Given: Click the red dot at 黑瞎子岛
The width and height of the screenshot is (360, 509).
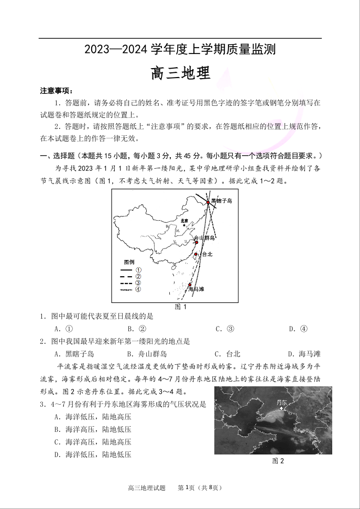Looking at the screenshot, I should pyautogui.click(x=208, y=202).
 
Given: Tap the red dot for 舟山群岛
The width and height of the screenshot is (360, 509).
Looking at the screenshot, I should pyautogui.click(x=197, y=242).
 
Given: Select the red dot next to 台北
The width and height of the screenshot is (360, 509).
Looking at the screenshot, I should pyautogui.click(x=196, y=254).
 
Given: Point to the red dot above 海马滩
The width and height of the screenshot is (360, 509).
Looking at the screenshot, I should pyautogui.click(x=190, y=285).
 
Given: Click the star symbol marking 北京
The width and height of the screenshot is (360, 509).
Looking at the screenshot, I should pyautogui.click(x=184, y=225).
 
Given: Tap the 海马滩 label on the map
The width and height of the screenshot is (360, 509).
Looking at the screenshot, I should pyautogui.click(x=196, y=289).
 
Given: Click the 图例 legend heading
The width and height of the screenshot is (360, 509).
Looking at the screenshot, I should pyautogui.click(x=129, y=262).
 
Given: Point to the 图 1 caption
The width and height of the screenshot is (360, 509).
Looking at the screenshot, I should pyautogui.click(x=180, y=307).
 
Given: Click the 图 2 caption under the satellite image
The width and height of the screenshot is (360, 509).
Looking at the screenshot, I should pyautogui.click(x=278, y=461).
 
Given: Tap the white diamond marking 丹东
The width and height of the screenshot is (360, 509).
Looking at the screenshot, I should pyautogui.click(x=282, y=408).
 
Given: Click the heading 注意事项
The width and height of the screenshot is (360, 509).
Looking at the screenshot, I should pyautogui.click(x=57, y=91).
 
